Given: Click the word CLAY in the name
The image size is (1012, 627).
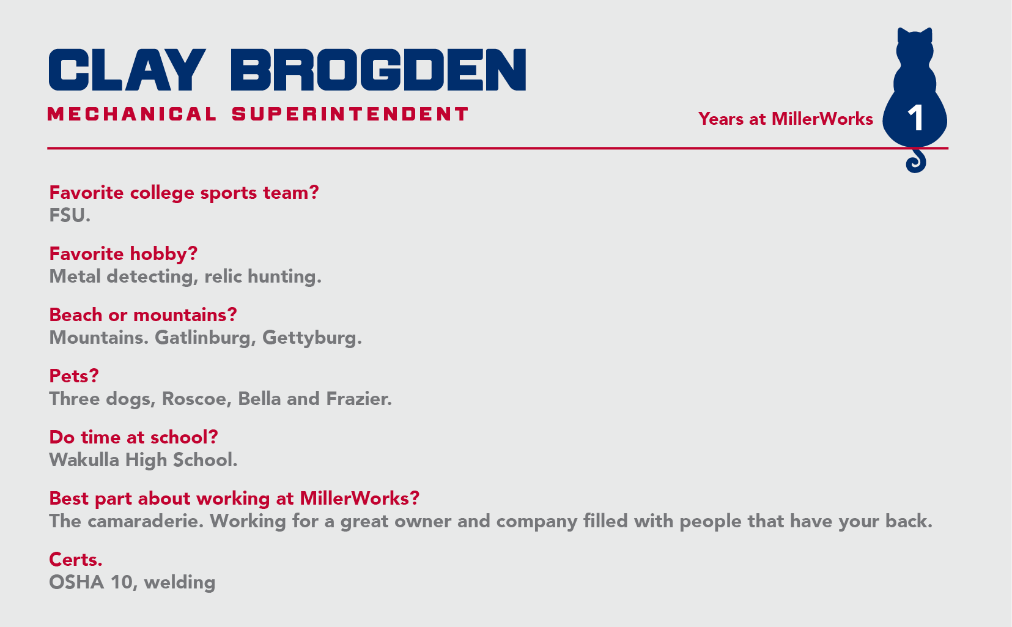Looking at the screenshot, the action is point(127,70).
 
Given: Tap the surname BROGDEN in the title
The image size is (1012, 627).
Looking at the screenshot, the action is point(379,70).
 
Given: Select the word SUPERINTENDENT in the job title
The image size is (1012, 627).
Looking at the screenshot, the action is point(350,114).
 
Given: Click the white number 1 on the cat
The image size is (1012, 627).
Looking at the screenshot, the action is point(915,119).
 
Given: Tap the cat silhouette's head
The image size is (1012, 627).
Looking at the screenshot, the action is point(914,48).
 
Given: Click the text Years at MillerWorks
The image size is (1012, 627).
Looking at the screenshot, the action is point(786,119).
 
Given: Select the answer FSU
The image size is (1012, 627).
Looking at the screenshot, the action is point(70,216).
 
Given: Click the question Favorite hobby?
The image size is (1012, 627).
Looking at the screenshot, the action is point(124,254).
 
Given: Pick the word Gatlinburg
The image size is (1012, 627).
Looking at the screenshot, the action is point(205,338).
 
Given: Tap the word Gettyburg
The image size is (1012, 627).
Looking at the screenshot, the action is point(312,338).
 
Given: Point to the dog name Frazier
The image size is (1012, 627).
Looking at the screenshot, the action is point(359,399).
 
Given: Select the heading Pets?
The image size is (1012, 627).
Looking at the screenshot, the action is point(74,376).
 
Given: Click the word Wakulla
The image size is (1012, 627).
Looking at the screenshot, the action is point(84,460).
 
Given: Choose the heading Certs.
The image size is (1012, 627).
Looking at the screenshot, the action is point(76,560).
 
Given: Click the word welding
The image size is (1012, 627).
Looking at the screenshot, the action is point(180,583).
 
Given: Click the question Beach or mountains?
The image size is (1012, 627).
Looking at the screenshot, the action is point(143,315).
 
